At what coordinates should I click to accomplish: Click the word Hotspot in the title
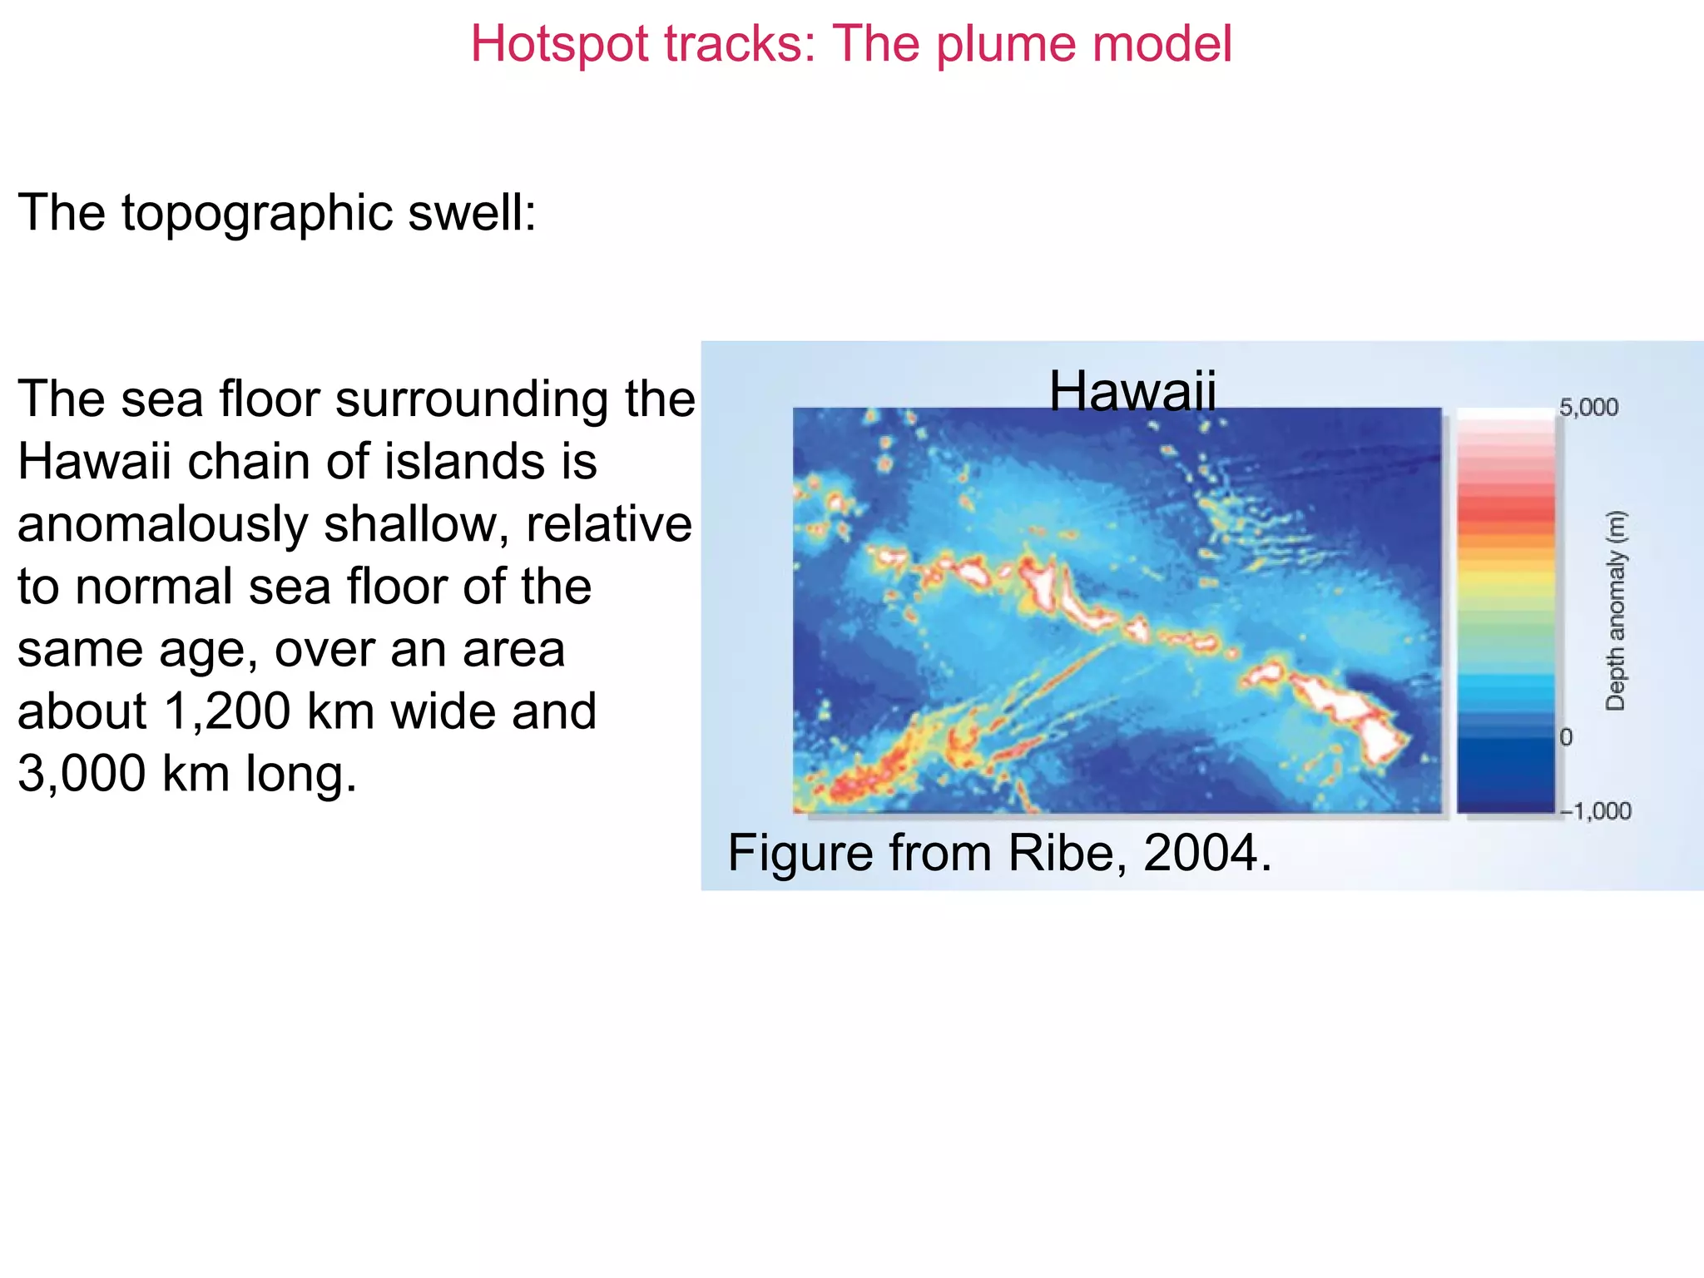click(x=559, y=44)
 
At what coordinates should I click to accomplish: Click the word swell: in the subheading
click(x=472, y=212)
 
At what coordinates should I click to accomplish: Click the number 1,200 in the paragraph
click(x=227, y=711)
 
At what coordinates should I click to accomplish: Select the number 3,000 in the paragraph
click(x=82, y=774)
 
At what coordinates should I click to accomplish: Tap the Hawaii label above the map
click(x=1132, y=390)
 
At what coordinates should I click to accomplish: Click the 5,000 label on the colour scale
click(x=1588, y=408)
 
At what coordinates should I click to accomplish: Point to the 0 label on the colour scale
click(x=1566, y=737)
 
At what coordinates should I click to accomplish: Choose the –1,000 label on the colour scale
click(x=1596, y=810)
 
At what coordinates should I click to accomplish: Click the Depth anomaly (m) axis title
click(x=1615, y=611)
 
